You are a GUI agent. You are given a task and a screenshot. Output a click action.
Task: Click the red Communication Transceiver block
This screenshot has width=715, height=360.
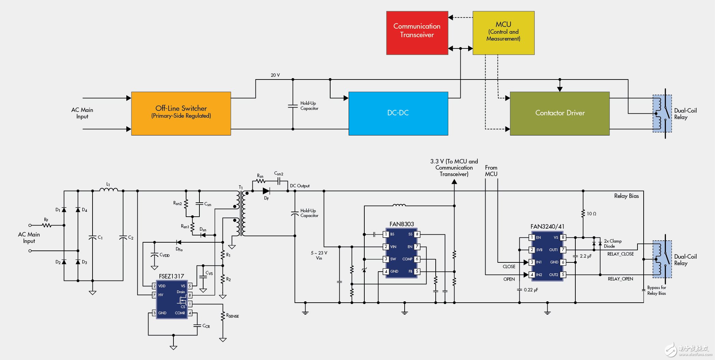coord(417,33)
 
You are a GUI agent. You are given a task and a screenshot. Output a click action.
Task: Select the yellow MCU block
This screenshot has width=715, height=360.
coord(503,33)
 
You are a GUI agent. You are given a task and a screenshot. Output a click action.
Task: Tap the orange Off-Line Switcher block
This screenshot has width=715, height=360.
coord(181,113)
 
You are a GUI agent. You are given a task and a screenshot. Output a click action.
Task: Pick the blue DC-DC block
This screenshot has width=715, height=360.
coord(398,113)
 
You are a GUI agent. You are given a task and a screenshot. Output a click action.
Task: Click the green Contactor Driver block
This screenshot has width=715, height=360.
coord(560,113)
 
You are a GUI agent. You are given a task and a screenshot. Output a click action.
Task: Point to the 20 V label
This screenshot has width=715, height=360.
coord(275,75)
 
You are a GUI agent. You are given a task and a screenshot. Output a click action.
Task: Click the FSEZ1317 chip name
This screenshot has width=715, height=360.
coord(171,276)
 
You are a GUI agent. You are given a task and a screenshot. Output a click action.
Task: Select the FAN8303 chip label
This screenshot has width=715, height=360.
coord(402,224)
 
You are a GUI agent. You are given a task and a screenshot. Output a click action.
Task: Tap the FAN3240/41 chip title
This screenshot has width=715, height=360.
coord(547,227)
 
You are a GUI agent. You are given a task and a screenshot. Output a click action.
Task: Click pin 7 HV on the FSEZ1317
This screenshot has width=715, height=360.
coord(154,295)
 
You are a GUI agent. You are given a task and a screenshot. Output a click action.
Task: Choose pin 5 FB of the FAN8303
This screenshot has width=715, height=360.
coord(417,271)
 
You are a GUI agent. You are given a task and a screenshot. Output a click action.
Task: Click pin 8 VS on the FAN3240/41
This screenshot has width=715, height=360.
coord(563,237)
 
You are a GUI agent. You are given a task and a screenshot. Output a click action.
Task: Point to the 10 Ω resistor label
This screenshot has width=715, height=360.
coord(591,214)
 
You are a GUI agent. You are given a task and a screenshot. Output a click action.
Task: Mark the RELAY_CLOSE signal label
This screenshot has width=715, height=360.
coord(620,254)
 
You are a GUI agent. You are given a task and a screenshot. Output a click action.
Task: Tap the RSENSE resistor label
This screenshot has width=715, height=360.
coord(233,316)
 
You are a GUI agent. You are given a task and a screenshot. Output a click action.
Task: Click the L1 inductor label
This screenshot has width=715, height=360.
coord(108,184)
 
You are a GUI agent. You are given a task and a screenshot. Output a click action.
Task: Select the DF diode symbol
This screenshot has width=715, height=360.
coord(266,191)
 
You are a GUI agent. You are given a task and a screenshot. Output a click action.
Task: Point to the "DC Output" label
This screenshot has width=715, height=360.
coord(300,186)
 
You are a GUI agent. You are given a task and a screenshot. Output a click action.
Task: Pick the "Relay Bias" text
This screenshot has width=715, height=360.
coord(626,196)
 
